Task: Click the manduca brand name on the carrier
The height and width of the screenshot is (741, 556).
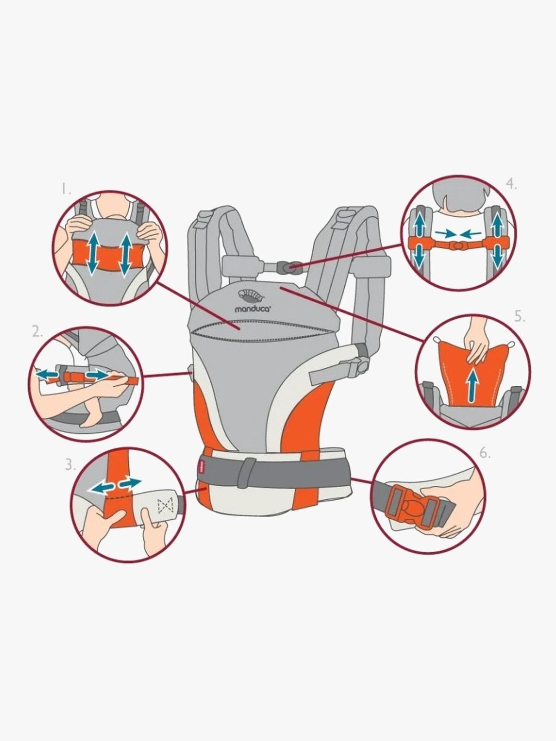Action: click(x=252, y=308)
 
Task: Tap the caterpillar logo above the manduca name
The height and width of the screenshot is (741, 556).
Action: click(x=252, y=296)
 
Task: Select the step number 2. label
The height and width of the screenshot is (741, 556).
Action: click(x=38, y=333)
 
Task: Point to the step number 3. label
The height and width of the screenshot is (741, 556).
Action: click(x=70, y=465)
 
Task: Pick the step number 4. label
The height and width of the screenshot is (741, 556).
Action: click(x=511, y=184)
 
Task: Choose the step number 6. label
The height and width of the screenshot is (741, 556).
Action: click(x=485, y=453)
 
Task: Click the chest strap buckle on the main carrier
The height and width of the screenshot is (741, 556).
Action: click(x=287, y=268)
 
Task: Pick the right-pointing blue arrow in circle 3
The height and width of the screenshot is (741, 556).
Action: click(x=130, y=484)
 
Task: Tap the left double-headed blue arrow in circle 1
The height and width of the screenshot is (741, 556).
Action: click(x=94, y=252)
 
